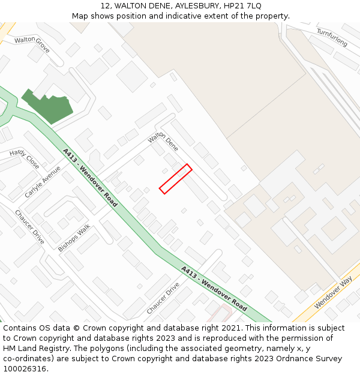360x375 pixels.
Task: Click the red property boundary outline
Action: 176,179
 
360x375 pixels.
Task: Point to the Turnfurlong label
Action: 332,37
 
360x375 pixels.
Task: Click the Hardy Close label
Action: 25,158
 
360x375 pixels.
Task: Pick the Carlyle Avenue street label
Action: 43,182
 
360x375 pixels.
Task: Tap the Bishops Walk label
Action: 74,238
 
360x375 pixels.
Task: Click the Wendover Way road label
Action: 333,293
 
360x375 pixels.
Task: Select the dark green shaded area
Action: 48,106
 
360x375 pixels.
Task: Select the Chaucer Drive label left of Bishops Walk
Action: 29,226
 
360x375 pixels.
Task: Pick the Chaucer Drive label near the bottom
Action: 163,298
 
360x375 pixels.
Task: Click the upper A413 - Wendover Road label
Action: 90,178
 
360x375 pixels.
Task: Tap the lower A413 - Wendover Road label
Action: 214,288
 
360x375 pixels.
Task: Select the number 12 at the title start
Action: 103,5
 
